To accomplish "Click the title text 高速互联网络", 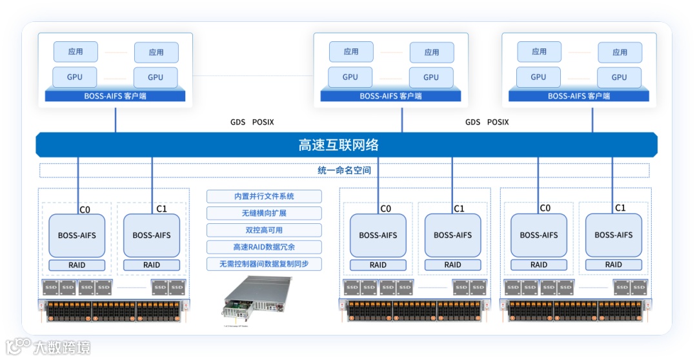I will [338, 145].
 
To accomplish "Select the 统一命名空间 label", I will [339, 170].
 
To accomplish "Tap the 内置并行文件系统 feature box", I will [264, 196].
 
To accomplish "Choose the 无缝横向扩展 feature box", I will [264, 214].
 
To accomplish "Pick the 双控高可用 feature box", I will [264, 230].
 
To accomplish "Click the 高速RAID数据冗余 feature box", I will [264, 247].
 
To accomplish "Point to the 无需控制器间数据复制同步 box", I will [264, 264].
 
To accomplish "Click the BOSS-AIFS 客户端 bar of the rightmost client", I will [579, 96].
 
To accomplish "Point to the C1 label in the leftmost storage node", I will [161, 208].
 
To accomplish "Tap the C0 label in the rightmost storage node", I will [545, 208].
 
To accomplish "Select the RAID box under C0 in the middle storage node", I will [378, 265].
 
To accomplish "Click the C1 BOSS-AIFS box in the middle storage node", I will [452, 235].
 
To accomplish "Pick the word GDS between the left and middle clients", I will [237, 122].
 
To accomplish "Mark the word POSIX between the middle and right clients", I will [498, 122].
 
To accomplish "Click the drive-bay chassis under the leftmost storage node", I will [114, 310].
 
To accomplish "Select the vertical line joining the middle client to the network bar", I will [401, 118].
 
